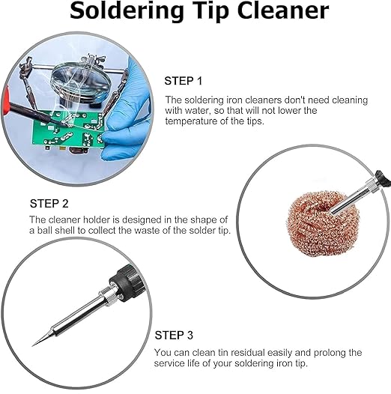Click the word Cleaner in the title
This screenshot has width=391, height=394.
point(283,11)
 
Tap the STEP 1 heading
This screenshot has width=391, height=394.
point(184,81)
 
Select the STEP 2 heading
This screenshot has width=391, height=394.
point(49,203)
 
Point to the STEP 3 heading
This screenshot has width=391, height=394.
point(174,335)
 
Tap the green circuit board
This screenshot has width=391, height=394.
point(68,130)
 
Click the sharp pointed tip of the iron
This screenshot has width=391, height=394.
point(33,345)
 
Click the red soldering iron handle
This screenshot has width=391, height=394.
point(6,100)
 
